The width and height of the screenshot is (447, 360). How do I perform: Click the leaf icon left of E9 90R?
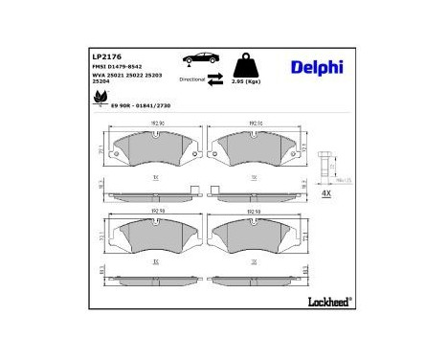click(x=99, y=98)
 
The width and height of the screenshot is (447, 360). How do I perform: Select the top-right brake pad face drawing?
click(x=252, y=147)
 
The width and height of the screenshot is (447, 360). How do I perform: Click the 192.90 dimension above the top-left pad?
click(x=156, y=124)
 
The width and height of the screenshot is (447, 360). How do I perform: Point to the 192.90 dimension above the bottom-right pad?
click(x=254, y=213)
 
